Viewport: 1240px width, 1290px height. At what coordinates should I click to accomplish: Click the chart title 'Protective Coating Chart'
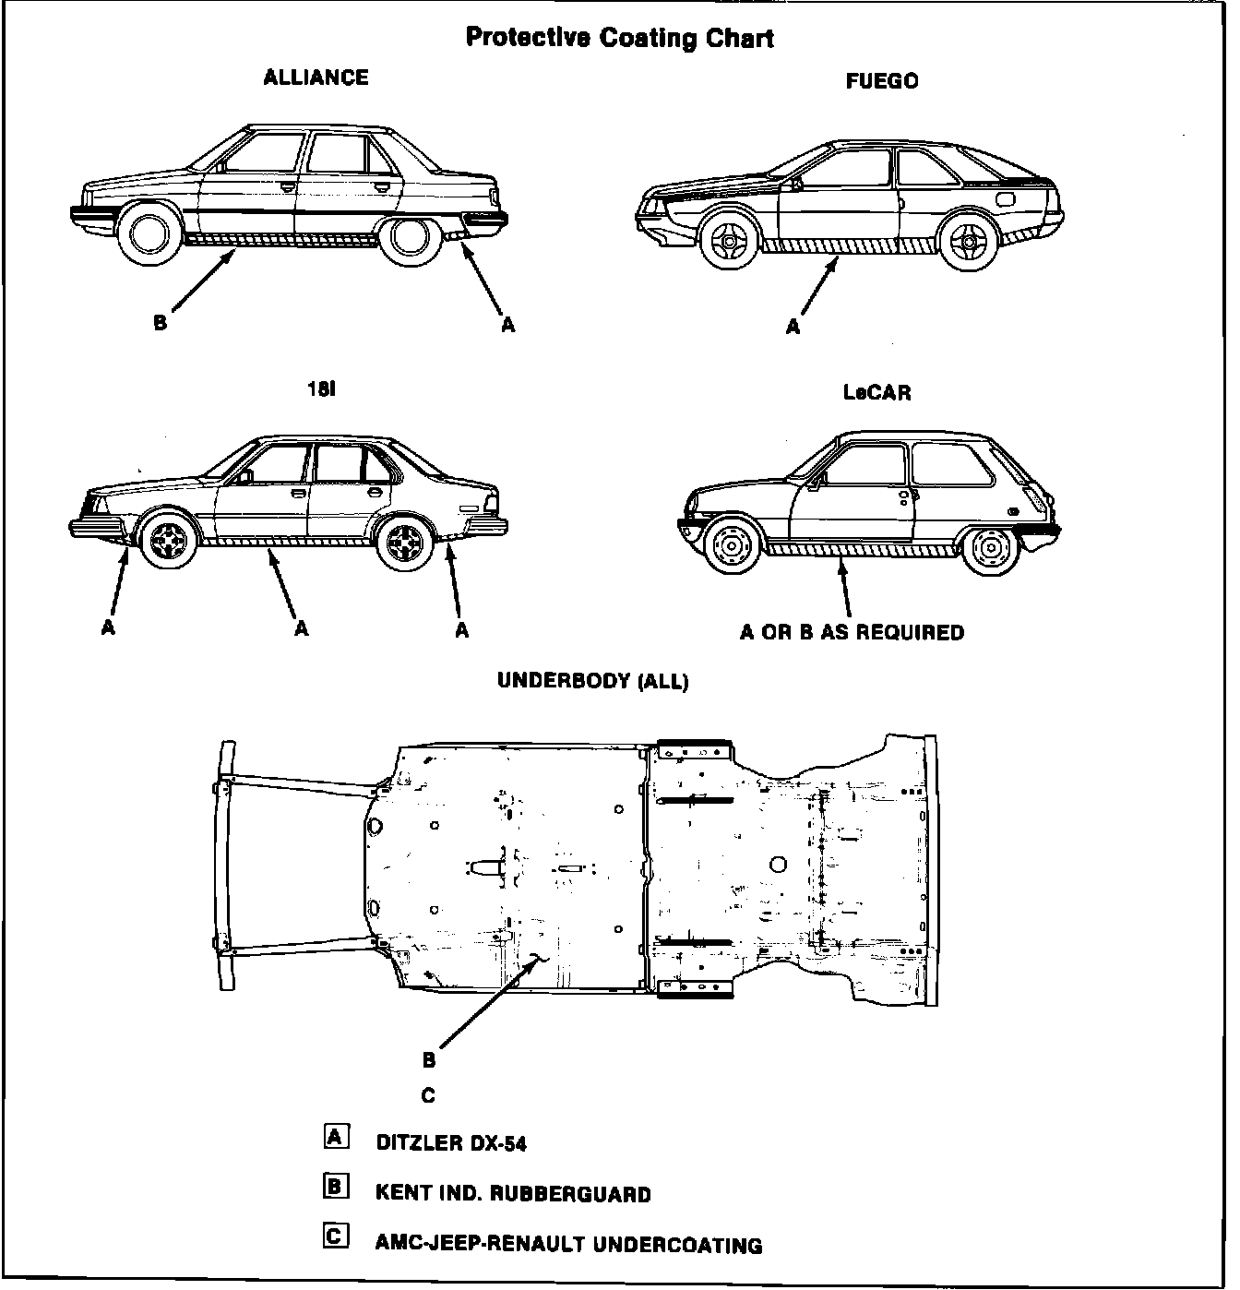click(x=619, y=38)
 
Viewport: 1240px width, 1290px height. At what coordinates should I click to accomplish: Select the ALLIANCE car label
click(x=316, y=78)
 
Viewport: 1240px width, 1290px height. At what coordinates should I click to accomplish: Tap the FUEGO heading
click(x=881, y=81)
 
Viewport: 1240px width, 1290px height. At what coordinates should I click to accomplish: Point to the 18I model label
click(x=321, y=389)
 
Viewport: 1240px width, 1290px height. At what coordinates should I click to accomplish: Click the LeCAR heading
click(x=876, y=392)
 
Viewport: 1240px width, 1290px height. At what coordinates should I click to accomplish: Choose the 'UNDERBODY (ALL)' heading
click(x=592, y=681)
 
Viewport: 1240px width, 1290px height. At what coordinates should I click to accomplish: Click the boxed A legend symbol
click(x=336, y=1136)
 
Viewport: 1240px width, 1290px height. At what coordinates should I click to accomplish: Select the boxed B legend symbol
click(x=336, y=1187)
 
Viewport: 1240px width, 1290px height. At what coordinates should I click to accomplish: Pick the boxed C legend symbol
click(x=336, y=1236)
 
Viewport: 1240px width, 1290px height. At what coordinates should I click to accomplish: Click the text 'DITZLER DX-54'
click(x=451, y=1143)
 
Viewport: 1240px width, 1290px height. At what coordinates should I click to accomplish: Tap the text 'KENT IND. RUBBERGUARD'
click(x=513, y=1194)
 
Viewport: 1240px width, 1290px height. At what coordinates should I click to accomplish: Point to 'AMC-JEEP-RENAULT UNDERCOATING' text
click(x=568, y=1246)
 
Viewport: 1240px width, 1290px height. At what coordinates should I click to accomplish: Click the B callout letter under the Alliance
click(x=161, y=324)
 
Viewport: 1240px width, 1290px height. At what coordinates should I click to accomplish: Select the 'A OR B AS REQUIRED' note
click(x=852, y=633)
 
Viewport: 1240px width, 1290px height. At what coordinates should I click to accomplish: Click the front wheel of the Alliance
click(x=149, y=234)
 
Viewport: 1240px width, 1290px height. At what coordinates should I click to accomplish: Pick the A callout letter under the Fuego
click(x=793, y=327)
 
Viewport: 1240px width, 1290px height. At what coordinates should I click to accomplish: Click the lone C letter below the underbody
click(x=428, y=1096)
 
